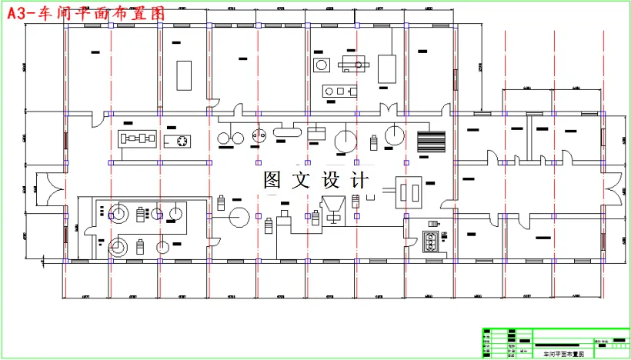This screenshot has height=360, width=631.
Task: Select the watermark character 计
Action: pyautogui.click(x=359, y=180)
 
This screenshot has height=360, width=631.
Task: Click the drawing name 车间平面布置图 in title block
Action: pyautogui.click(x=563, y=354)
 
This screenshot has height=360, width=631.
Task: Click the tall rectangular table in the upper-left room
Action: pyautogui.click(x=184, y=75)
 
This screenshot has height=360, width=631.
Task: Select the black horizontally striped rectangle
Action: pyautogui.click(x=431, y=142)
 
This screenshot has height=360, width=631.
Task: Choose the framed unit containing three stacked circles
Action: pyautogui.click(x=430, y=242)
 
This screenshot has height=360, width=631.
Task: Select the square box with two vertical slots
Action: pyautogui.click(x=408, y=192)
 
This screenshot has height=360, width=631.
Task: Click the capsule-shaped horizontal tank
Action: pyautogui.click(x=287, y=133)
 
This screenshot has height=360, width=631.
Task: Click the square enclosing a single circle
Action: pyautogui.click(x=321, y=65)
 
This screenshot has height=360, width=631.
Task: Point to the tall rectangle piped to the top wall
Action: pyautogui.click(x=386, y=68)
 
